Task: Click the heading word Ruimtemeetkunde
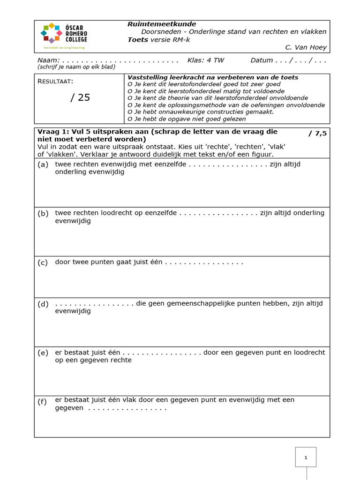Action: [x=162, y=24]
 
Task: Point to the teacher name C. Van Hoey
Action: [x=306, y=47]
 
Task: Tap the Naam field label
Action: [x=48, y=60]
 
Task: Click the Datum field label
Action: [x=262, y=60]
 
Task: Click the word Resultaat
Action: [x=55, y=82]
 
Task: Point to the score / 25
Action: [x=80, y=97]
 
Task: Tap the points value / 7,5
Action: [x=317, y=133]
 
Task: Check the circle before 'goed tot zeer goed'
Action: [x=130, y=84]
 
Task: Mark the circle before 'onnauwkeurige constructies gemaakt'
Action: [x=130, y=112]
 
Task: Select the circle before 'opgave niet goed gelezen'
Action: [x=130, y=119]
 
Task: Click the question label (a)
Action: [x=43, y=165]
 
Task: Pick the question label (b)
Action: [x=43, y=213]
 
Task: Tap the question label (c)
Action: [x=43, y=262]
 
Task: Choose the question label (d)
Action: [x=43, y=304]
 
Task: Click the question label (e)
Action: [x=43, y=352]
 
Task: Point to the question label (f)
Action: [x=43, y=401]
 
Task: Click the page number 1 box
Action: [x=306, y=457]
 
